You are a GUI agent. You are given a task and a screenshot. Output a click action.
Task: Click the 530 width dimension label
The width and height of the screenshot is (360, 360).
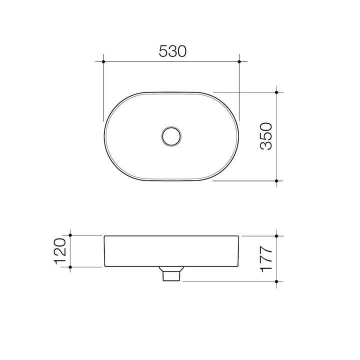[172, 51]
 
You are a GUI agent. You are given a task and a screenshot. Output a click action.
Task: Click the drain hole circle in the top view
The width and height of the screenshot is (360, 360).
[172, 136]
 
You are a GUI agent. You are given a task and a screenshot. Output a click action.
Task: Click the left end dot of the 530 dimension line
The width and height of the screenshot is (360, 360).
[103, 61]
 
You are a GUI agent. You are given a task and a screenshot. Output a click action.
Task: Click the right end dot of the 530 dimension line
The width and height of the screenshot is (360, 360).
[240, 61]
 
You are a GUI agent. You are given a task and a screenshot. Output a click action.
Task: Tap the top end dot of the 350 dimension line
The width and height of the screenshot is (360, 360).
[277, 92]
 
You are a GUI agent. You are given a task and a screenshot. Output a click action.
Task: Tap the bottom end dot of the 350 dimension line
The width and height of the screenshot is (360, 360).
[277, 180]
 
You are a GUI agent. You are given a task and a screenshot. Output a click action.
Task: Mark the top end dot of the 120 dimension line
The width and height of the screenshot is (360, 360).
[70, 234]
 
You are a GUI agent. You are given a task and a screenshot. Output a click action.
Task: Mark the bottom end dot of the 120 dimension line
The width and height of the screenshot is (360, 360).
[70, 268]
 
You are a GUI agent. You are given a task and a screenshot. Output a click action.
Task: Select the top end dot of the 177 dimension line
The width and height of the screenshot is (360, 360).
[277, 234]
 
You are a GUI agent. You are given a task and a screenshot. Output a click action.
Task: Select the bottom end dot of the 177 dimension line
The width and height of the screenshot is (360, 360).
[277, 281]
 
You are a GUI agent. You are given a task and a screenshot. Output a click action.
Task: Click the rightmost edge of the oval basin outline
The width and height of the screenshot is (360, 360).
[240, 136]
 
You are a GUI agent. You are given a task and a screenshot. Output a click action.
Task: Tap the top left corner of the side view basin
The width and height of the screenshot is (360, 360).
[104, 235]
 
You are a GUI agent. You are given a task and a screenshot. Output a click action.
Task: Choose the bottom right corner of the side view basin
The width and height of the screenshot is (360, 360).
[239, 267]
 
